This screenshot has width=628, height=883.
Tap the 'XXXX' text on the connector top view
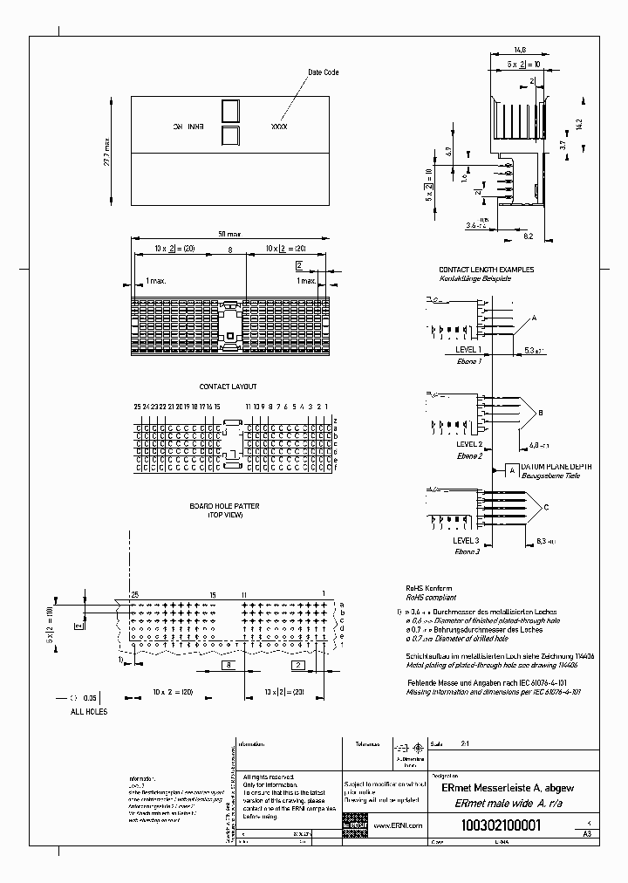coord(280,127)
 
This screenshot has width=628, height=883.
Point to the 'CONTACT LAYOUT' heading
coord(228,386)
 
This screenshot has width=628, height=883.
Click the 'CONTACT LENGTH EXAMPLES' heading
coord(486,270)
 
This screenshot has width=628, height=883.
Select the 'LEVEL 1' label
coord(468,349)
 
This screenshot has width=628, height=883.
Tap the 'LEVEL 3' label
coord(468,541)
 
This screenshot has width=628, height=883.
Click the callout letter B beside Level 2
coord(541,412)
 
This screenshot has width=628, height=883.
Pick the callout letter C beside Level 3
coord(546,507)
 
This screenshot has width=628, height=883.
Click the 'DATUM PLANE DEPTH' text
coord(556,468)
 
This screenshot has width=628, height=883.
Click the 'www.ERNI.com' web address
coord(398,825)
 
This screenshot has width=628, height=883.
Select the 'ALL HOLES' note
coord(88,712)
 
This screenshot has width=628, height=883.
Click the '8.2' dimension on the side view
coord(529,236)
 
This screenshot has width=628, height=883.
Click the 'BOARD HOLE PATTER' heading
coord(224,506)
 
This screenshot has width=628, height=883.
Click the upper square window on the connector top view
coord(230,112)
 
